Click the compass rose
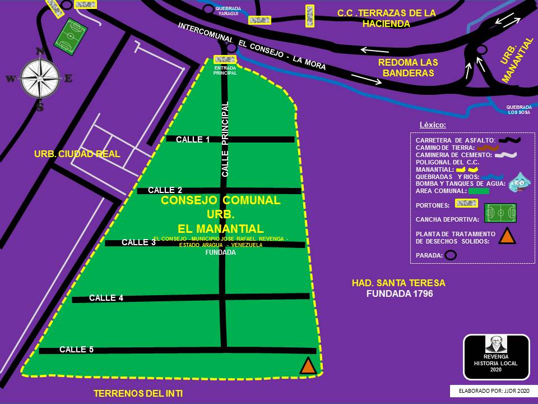coord(40,78)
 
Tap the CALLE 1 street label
coord(193,140)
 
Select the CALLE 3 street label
coord(138,242)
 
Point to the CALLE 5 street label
coord(76,350)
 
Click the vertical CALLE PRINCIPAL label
coord(225,139)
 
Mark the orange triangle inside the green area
coord(308,366)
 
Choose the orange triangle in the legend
coord(507,236)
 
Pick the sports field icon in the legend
coord(500,213)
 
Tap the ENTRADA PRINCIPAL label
coord(225,71)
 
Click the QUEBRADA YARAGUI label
coord(229,11)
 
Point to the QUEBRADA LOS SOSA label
coord(518,109)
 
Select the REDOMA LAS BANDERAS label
coord(407,68)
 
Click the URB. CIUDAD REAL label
coord(77,153)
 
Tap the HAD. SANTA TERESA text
coord(399,283)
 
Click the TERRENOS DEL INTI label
coord(138,393)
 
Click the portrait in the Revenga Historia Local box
coord(496,344)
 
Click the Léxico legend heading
coord(433,125)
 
